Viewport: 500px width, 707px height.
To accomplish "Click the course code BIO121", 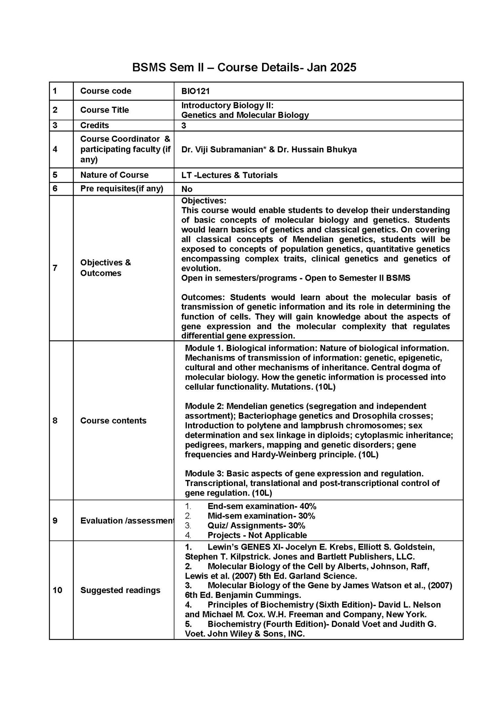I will [x=195, y=91].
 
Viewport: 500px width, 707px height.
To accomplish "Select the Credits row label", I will [x=95, y=125].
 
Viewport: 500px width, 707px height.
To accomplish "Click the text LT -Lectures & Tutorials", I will [x=229, y=175].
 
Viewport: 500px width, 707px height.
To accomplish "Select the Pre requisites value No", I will [x=187, y=189].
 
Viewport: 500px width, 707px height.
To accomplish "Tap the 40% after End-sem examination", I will [x=308, y=506].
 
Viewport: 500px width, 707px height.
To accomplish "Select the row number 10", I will [x=57, y=590].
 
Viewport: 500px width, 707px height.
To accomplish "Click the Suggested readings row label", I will [x=120, y=590].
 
